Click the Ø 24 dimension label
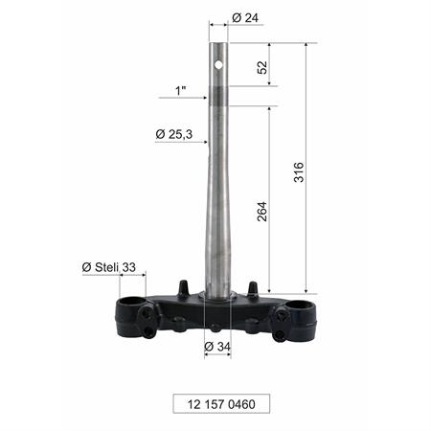[245, 18]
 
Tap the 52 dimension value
[262, 67]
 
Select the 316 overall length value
[299, 172]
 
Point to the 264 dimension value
[262, 212]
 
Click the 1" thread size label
[181, 90]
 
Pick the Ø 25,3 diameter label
[174, 134]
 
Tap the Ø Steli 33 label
[109, 267]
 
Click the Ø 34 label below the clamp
[217, 346]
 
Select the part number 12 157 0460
[221, 404]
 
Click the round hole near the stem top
[218, 65]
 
